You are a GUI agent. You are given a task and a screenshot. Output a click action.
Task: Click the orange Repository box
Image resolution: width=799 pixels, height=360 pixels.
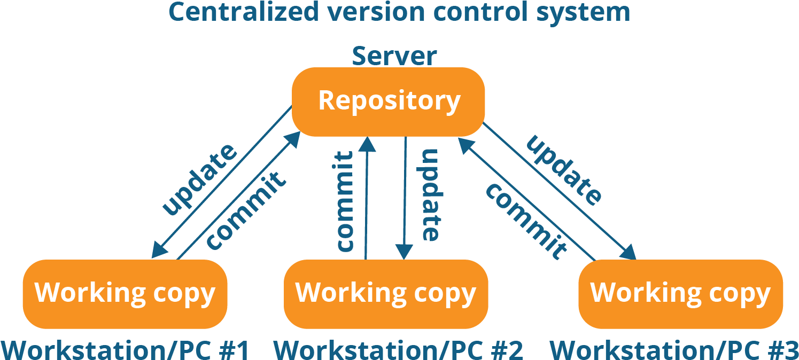[x=389, y=101]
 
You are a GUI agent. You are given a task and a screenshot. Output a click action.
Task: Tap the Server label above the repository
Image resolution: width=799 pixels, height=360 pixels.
[x=394, y=56]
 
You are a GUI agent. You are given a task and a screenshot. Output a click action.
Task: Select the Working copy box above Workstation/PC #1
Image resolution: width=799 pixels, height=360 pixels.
[x=125, y=293]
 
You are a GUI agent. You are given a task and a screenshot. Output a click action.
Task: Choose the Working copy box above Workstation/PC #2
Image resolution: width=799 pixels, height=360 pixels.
[x=385, y=293]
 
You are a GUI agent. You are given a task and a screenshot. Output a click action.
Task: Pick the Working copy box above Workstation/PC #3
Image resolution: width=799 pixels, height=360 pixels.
[x=680, y=293]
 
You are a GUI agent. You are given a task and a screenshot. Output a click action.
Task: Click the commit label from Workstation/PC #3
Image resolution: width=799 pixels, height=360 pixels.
[x=525, y=221]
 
